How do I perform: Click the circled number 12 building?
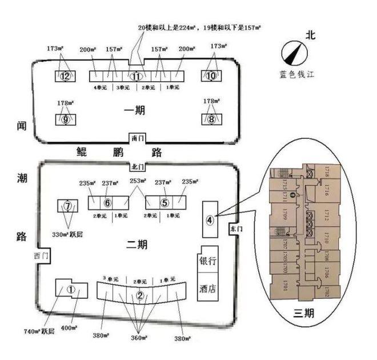(x=65, y=77)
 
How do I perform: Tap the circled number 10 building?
(x=211, y=76)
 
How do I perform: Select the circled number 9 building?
(x=66, y=119)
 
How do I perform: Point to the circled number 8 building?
(x=211, y=119)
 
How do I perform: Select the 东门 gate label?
(x=232, y=227)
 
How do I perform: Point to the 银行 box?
(x=208, y=261)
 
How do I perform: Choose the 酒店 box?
(x=208, y=287)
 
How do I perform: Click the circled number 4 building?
(x=210, y=220)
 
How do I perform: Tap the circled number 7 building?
(x=67, y=206)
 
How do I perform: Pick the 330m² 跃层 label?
(x=67, y=234)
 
